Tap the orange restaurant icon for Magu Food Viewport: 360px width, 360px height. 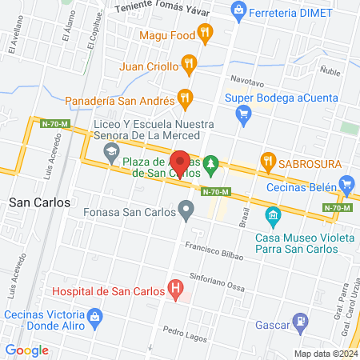206,34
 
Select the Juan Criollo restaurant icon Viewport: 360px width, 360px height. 189,62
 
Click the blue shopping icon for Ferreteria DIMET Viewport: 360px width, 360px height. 237,10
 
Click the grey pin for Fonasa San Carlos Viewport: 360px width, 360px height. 186,213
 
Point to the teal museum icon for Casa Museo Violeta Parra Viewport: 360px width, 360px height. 272,215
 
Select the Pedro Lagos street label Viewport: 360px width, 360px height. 179,330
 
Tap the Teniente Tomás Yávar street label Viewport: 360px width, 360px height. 174,8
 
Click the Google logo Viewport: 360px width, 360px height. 26,350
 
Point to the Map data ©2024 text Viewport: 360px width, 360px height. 325,354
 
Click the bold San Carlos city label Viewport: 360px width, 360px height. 38,202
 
